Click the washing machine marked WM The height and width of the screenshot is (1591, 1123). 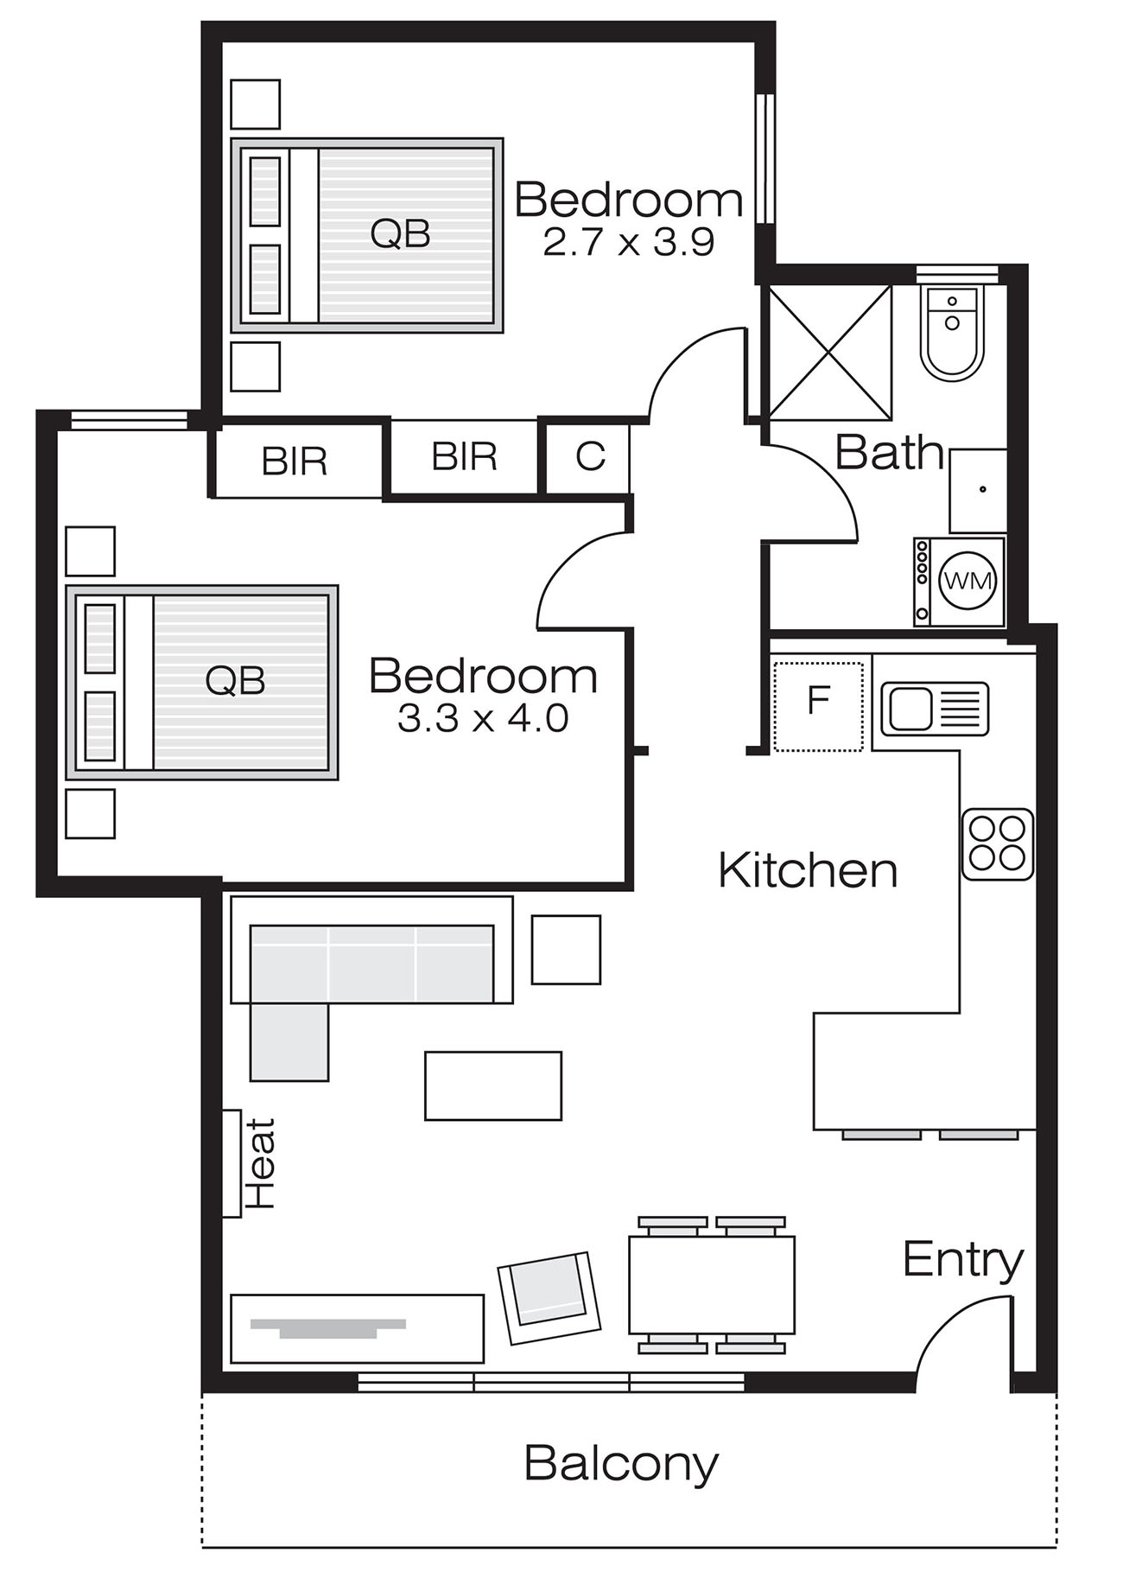click(x=960, y=581)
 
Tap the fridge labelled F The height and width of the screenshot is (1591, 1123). click(x=818, y=705)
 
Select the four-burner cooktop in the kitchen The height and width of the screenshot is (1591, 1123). click(x=998, y=844)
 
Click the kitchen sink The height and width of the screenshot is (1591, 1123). click(x=935, y=709)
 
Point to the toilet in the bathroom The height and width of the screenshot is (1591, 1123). click(x=952, y=332)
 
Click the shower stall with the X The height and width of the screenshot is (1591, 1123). click(x=829, y=352)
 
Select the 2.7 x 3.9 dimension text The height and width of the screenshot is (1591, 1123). click(x=629, y=244)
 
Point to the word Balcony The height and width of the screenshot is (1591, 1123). click(x=621, y=1464)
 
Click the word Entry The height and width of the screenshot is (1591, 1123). click(x=963, y=1260)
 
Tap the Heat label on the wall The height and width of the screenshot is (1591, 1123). click(x=260, y=1163)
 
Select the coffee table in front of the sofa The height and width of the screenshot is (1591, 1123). click(x=493, y=1085)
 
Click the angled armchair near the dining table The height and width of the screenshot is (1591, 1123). click(x=550, y=1297)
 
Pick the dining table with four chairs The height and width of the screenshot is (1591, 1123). click(x=712, y=1285)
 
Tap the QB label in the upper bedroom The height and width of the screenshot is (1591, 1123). click(x=400, y=233)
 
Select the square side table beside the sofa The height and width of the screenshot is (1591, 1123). click(x=566, y=950)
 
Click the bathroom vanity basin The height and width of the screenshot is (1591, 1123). click(x=979, y=490)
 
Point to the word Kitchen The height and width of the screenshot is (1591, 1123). click(x=808, y=870)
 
